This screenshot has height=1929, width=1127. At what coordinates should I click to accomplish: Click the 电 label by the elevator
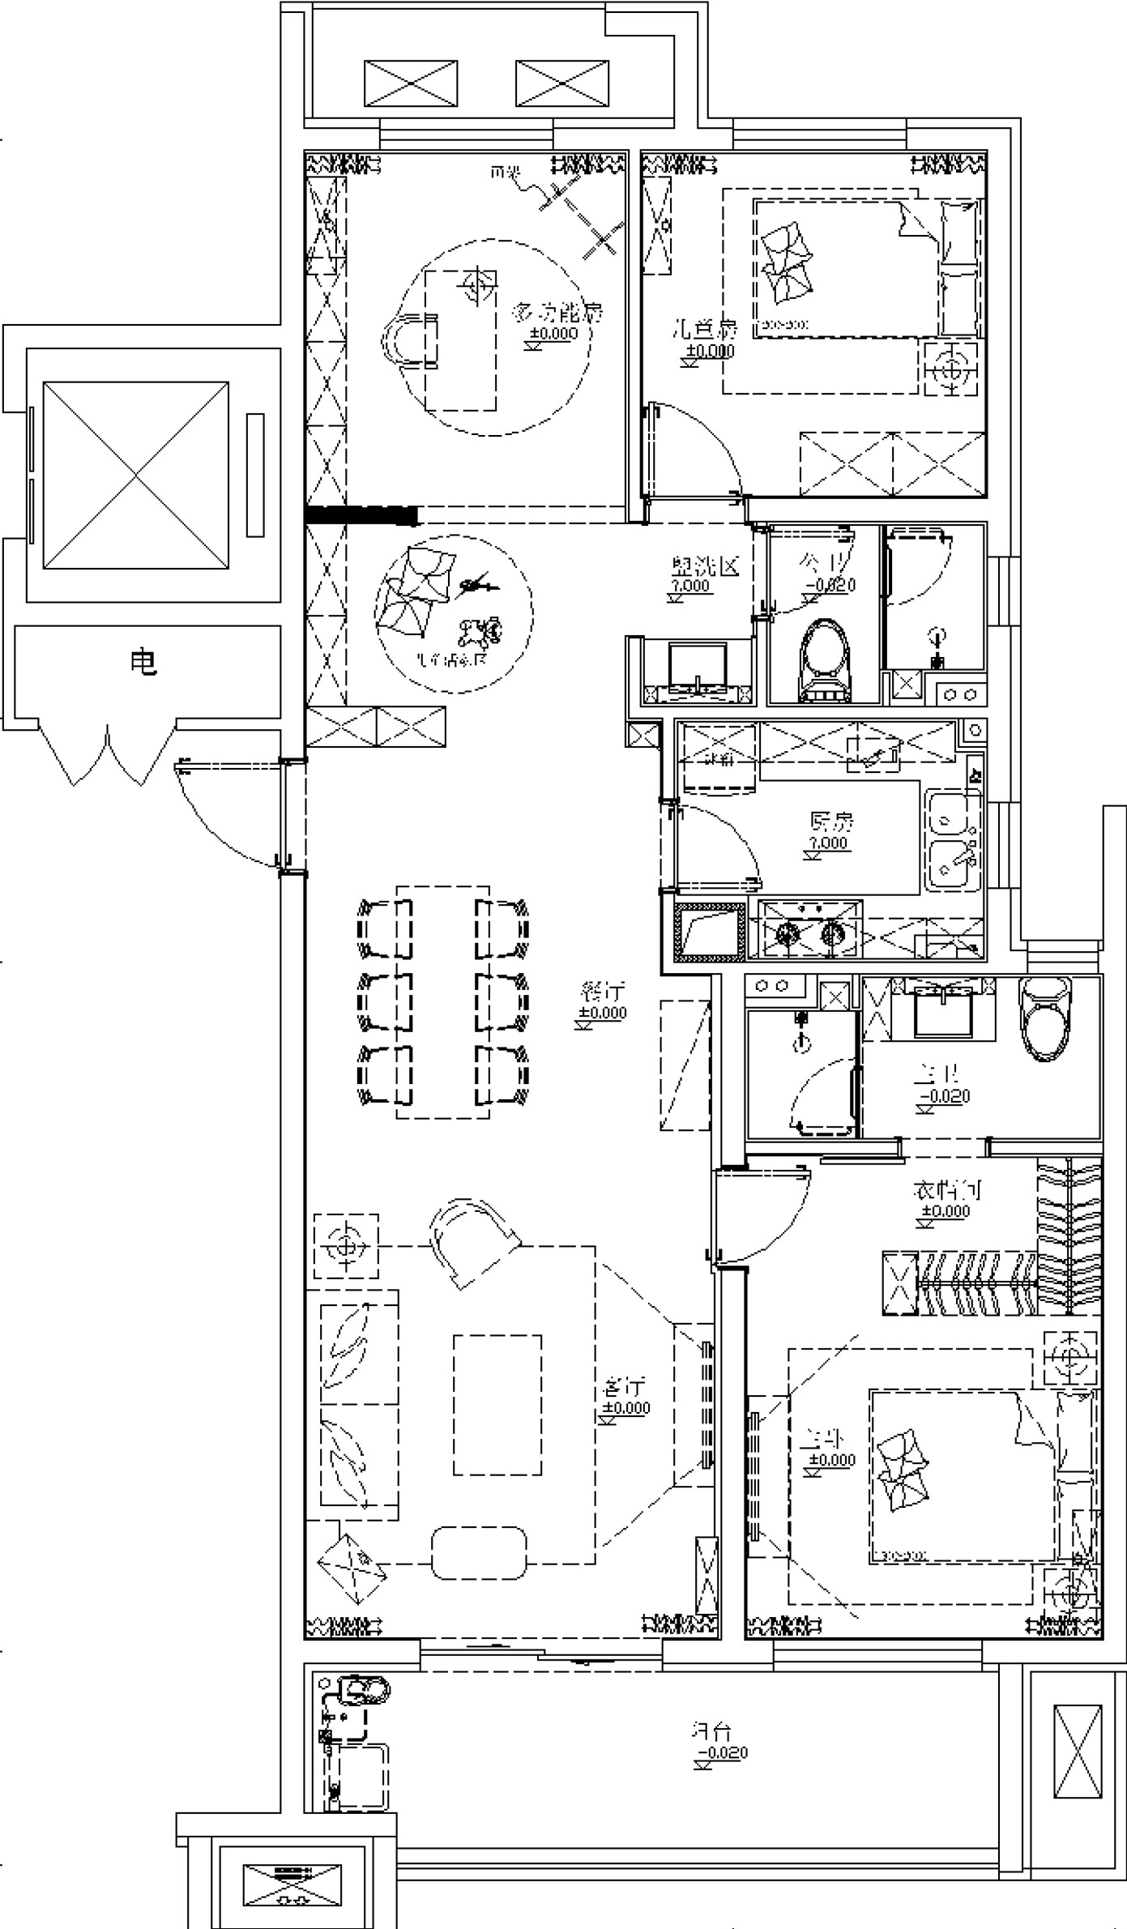(143, 664)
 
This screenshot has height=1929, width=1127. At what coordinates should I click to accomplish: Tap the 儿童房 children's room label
(706, 330)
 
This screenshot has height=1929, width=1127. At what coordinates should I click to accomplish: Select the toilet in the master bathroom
(1047, 1018)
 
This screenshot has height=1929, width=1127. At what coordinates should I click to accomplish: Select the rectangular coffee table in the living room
(497, 1405)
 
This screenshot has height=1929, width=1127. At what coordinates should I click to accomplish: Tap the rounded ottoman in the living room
(479, 1552)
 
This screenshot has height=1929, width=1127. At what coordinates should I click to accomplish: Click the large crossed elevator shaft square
(135, 476)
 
